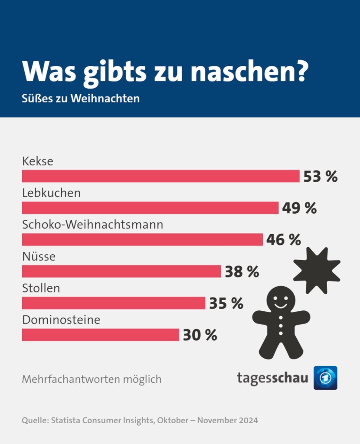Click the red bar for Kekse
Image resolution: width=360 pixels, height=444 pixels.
click(x=160, y=176)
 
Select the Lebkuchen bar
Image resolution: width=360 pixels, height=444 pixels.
click(x=150, y=208)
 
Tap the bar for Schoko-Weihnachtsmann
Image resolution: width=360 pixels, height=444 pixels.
click(x=142, y=239)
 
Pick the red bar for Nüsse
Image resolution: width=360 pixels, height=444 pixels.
click(x=121, y=271)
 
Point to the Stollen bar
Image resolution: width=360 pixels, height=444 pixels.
click(x=113, y=303)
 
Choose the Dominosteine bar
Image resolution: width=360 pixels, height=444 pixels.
click(x=100, y=335)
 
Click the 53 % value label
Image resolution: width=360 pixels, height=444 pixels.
click(x=320, y=176)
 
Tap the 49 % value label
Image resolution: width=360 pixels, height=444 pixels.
click(x=299, y=208)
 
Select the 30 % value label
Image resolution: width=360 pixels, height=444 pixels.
click(x=200, y=335)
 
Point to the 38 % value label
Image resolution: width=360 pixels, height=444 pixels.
click(x=242, y=272)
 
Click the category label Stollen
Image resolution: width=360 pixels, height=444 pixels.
click(x=41, y=288)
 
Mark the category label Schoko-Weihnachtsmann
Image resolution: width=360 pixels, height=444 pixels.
click(x=92, y=225)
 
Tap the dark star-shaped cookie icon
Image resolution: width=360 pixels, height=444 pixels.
click(x=317, y=270)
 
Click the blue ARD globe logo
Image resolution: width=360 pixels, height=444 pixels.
click(x=325, y=378)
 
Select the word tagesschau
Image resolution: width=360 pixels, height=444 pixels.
click(x=272, y=378)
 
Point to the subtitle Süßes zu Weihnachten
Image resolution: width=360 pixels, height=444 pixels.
click(x=81, y=98)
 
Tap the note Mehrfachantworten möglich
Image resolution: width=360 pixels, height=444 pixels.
click(x=92, y=379)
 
